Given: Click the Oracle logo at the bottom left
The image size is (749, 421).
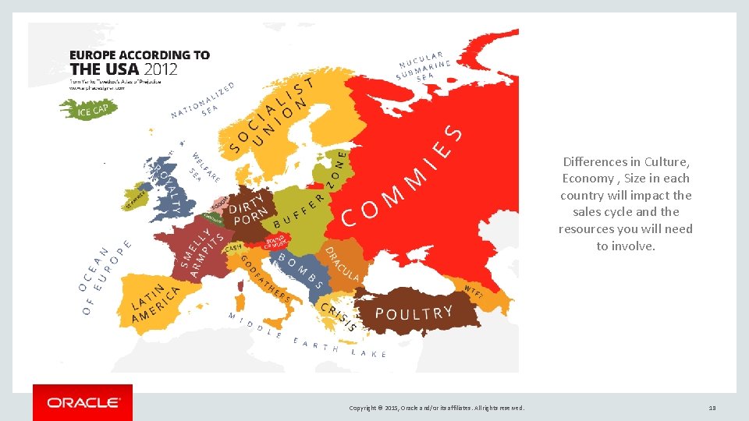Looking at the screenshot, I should (82, 403).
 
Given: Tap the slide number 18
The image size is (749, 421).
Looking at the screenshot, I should (712, 407).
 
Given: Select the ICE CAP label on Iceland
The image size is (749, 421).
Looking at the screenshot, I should (91, 111).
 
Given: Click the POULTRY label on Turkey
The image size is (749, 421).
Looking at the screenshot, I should (414, 313).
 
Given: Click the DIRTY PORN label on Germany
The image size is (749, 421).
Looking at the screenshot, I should (249, 208).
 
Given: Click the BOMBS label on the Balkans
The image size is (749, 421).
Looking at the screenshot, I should (300, 270).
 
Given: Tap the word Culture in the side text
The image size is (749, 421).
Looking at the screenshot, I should (666, 162).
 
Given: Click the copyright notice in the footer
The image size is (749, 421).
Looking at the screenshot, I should (437, 408).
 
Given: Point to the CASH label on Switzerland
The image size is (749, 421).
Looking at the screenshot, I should (233, 248).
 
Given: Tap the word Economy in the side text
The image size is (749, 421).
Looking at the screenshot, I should (586, 179).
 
